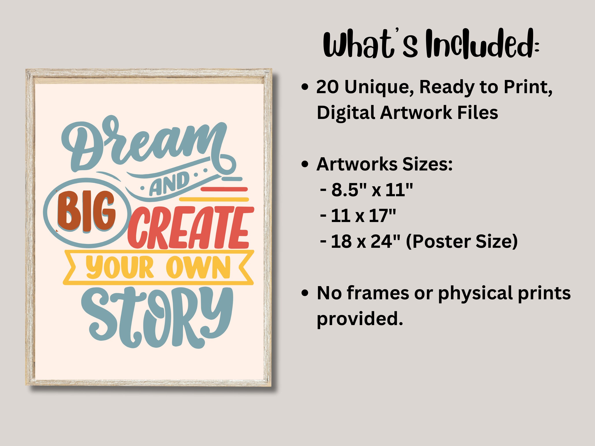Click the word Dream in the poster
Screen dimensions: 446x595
143,145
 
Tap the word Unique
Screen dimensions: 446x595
379,88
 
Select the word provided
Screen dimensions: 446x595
360,318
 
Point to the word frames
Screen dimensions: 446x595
377,293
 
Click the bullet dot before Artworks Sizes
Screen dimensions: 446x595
305,164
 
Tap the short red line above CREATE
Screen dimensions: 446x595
224,189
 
